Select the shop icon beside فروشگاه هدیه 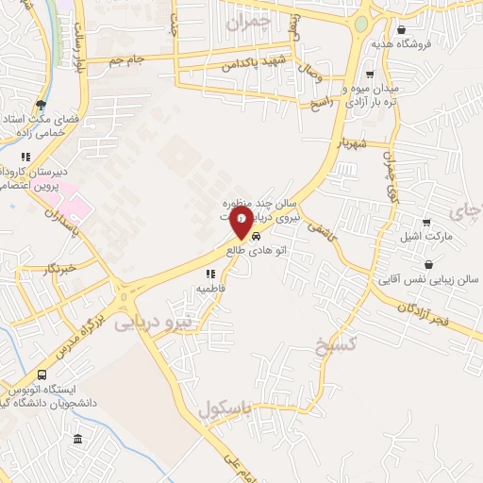click(402, 29)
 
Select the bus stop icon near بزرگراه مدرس click(41, 375)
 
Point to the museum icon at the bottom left click(76, 440)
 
